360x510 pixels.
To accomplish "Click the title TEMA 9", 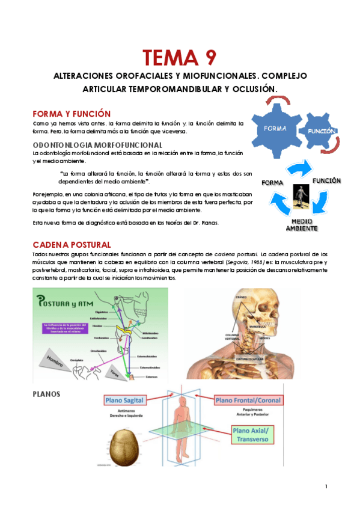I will (x=180, y=58).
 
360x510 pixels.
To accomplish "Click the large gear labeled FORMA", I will (x=275, y=128).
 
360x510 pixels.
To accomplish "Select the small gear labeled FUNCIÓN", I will (x=320, y=131).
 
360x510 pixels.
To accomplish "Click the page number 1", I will (x=325, y=486).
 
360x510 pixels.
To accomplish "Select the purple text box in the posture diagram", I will (x=61, y=327).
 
